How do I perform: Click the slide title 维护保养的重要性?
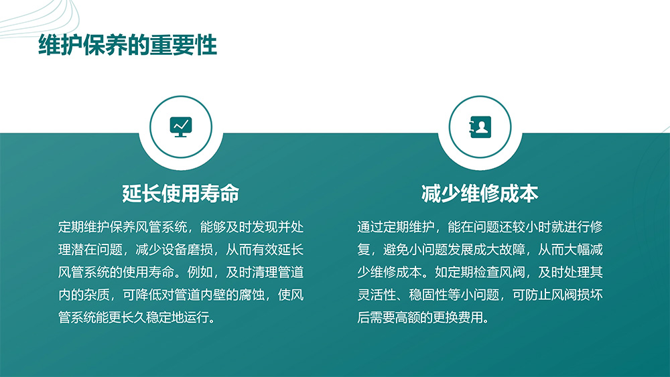coord(128,45)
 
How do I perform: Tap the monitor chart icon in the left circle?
coord(181,127)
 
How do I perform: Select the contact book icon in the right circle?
coord(480,127)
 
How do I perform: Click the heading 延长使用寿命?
coord(181,194)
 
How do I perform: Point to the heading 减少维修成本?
coord(480,194)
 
